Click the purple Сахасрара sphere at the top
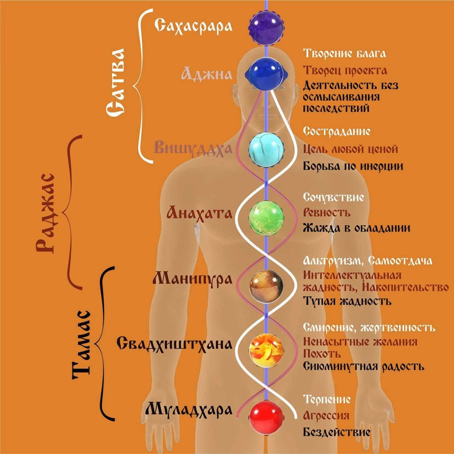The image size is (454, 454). click(x=266, y=26)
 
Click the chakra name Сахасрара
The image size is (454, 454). click(x=193, y=25)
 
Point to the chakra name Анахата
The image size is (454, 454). click(x=200, y=212)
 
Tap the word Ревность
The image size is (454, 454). click(x=326, y=212)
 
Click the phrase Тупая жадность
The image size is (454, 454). click(x=347, y=301)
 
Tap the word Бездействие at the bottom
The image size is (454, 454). click(x=336, y=432)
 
